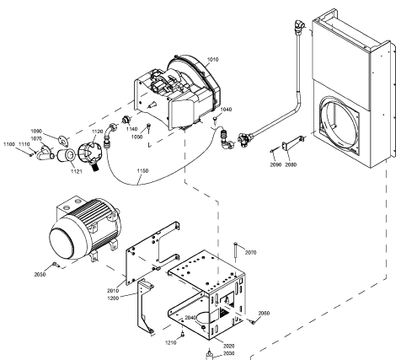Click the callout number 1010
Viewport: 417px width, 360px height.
212,60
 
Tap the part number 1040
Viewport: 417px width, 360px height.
226,110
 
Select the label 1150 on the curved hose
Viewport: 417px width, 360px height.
142,171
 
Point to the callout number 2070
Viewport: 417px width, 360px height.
250,253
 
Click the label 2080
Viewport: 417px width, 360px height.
291,165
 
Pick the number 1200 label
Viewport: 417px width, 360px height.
113,298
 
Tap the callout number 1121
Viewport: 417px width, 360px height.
76,172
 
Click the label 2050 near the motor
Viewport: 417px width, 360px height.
40,275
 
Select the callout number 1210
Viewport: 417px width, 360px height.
170,342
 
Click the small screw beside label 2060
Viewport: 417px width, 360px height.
252,322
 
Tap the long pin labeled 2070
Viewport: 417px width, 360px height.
235,252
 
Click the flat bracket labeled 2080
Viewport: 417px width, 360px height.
293,142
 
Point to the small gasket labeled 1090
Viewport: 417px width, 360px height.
63,141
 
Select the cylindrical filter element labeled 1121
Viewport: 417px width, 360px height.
66,156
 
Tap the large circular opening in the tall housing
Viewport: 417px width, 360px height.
338,124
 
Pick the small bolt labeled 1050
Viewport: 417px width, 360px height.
149,127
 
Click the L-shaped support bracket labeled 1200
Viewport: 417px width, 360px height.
145,306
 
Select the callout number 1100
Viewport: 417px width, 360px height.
9,144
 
